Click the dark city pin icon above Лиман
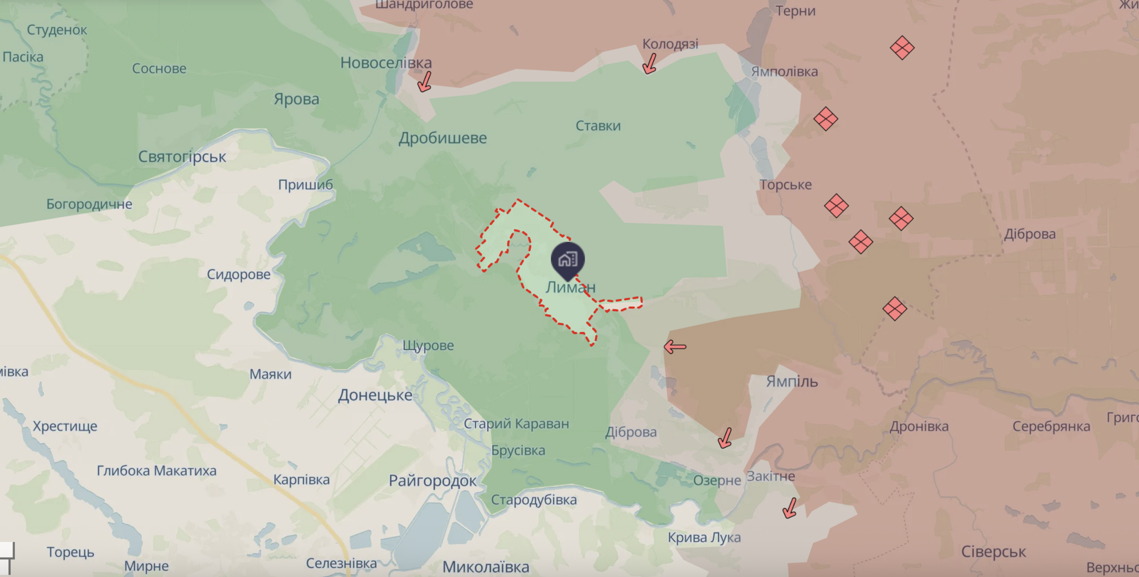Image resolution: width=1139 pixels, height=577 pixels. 568,259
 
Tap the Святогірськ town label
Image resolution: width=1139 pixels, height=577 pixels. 182,156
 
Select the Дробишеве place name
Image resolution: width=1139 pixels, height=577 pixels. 443,138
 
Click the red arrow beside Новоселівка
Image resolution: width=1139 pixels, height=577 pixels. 424,82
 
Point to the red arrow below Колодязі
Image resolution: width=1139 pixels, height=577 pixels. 649,64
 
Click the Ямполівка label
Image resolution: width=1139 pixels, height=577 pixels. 784,72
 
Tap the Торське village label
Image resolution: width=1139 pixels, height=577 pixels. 785,184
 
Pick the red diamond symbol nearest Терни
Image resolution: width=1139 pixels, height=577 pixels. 902,48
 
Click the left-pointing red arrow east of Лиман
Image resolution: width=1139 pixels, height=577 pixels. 675,347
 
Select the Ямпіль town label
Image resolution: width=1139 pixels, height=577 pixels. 792,381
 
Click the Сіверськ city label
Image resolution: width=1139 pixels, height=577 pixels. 993,551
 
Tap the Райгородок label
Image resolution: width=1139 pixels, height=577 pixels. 432,481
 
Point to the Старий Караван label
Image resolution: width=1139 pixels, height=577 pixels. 516,423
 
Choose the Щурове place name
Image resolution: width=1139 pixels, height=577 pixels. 428,345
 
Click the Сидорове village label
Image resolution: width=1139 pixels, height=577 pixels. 239,274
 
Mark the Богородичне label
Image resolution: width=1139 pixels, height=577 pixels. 89,204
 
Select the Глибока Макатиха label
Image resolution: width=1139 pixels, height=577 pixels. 157,471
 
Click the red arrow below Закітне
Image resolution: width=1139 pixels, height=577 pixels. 790,508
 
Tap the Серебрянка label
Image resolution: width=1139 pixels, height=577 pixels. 1051,426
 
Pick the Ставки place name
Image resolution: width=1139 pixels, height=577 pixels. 598,126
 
